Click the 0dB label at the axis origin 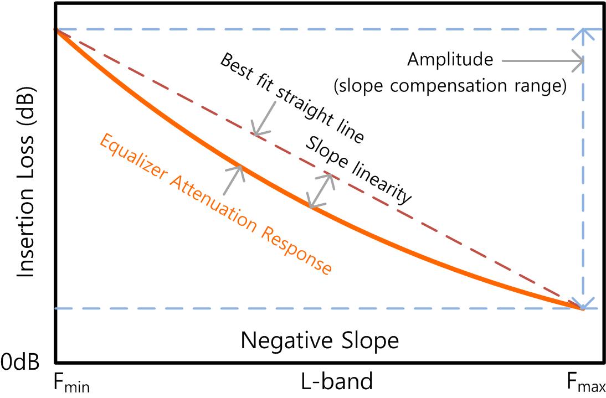point(20,363)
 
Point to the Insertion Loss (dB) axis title point(25,183)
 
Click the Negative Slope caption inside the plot point(319,340)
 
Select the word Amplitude point(450,60)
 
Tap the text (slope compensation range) point(450,86)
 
